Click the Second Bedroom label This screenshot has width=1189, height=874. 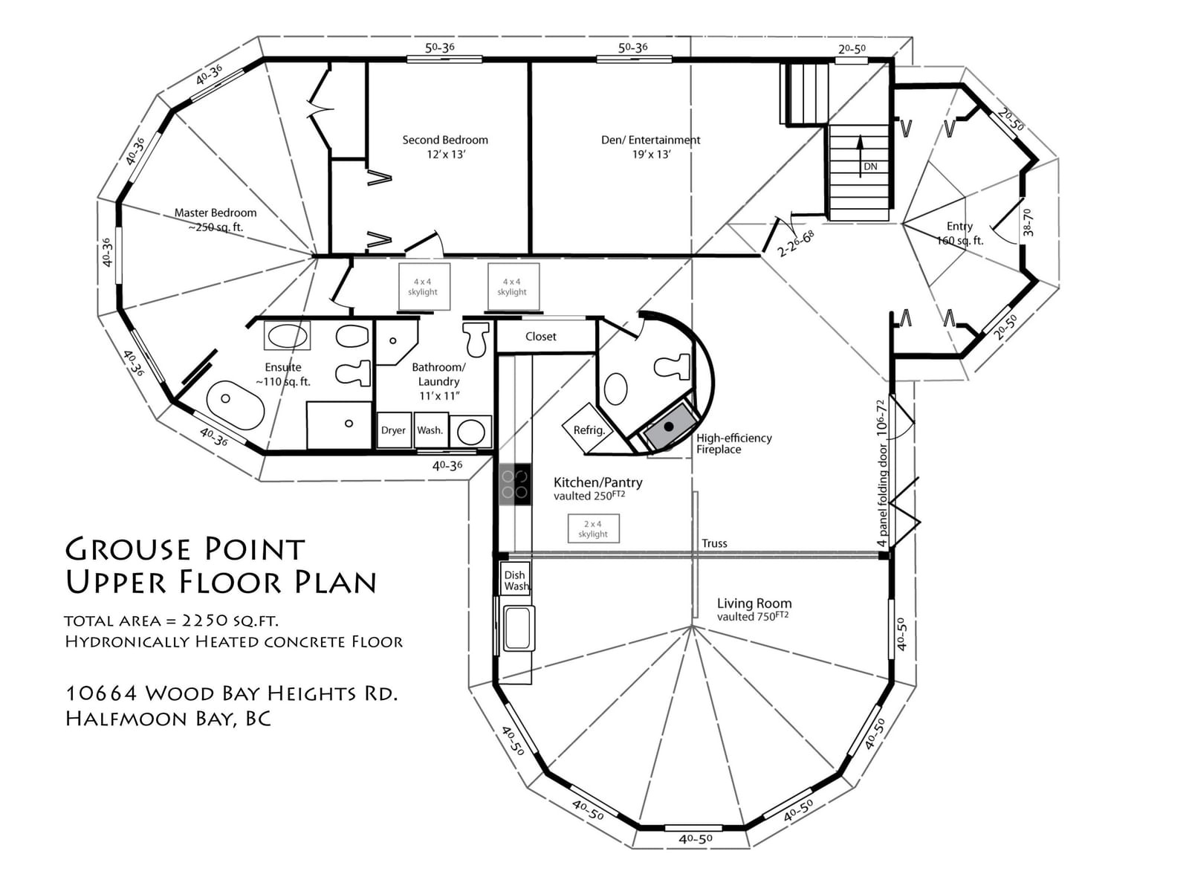tap(445, 140)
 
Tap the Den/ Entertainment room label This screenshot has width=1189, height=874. tap(650, 140)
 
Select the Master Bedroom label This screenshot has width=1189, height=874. tap(216, 213)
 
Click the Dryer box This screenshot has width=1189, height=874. tap(394, 430)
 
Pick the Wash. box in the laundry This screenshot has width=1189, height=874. tap(430, 430)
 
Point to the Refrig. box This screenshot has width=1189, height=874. tap(588, 429)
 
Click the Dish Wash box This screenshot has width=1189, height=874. tap(515, 580)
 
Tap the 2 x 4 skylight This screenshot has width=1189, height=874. tap(593, 528)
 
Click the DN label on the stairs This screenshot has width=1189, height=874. tap(870, 166)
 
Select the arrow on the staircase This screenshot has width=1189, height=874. tap(860, 155)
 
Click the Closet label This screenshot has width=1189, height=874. tap(540, 337)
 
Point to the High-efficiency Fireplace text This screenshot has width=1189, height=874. tap(733, 444)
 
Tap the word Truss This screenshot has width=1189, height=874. tap(714, 543)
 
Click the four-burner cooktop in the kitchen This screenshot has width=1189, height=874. tap(514, 485)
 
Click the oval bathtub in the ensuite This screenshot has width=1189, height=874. tap(236, 407)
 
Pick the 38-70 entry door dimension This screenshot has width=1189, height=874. tap(1028, 223)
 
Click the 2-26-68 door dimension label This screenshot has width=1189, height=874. tap(795, 243)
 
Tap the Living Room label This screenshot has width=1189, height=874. tap(754, 603)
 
